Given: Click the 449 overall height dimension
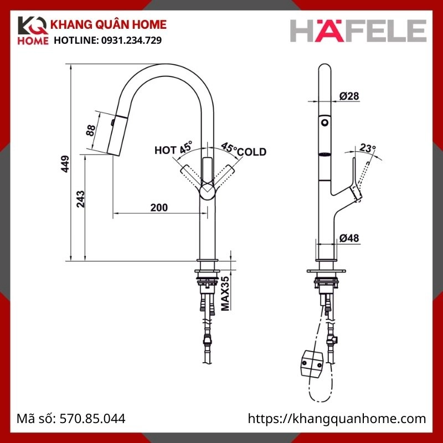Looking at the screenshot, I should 65,164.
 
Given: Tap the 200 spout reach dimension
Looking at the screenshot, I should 159,207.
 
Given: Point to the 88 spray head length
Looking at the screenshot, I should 91,131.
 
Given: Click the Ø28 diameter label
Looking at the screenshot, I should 349,96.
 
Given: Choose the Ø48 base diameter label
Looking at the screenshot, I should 349,238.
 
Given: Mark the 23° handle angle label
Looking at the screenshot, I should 367,148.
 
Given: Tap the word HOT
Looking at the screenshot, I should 166,150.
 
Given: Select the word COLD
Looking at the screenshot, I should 253,152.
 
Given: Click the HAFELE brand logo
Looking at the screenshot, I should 358,30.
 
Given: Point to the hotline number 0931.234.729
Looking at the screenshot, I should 130,41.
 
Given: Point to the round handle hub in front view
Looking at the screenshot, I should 208,192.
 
